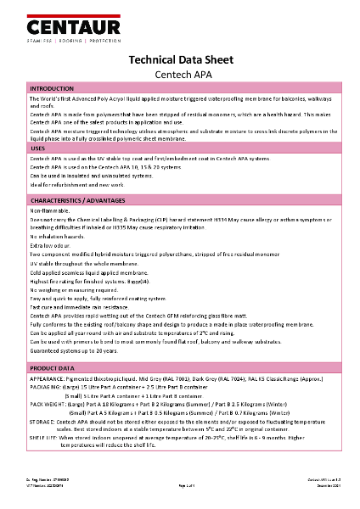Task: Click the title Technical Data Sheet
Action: [180, 60]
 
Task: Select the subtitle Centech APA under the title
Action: [180, 75]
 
